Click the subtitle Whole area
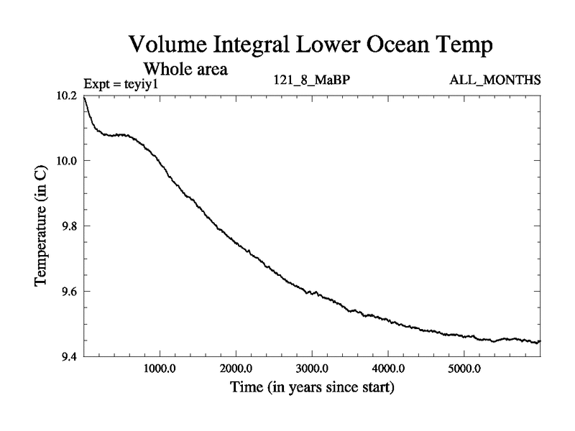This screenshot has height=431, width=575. point(186,70)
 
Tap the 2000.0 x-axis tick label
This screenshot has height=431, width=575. point(236,370)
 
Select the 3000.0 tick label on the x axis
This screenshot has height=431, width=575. point(312,370)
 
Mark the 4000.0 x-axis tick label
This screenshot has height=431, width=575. point(388,370)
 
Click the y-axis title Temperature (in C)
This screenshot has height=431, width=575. point(42,226)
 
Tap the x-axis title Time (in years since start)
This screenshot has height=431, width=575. point(312,389)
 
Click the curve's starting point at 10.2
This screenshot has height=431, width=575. point(84,96)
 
